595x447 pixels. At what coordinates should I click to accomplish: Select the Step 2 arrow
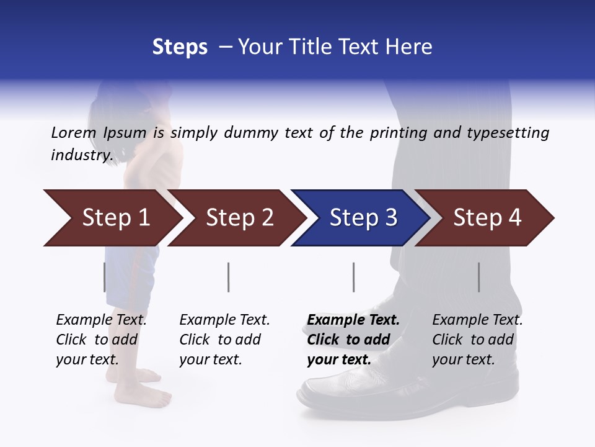point(239,218)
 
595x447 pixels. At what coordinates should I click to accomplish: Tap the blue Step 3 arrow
point(363,218)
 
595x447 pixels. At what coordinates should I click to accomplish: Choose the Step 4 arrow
point(487,218)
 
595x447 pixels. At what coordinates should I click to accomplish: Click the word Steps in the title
point(180,47)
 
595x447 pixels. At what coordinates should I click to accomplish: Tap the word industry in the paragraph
point(81,155)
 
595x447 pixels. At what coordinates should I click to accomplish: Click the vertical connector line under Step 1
point(104,277)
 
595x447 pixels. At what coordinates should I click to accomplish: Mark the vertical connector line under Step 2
point(229,277)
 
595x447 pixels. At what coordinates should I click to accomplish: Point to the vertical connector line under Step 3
point(353,277)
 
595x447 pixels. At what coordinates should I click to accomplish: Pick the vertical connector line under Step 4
point(478,277)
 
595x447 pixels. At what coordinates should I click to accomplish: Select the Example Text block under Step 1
point(101,340)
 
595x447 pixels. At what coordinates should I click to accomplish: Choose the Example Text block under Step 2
point(224,340)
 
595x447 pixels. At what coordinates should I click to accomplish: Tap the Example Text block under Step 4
point(477,340)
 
